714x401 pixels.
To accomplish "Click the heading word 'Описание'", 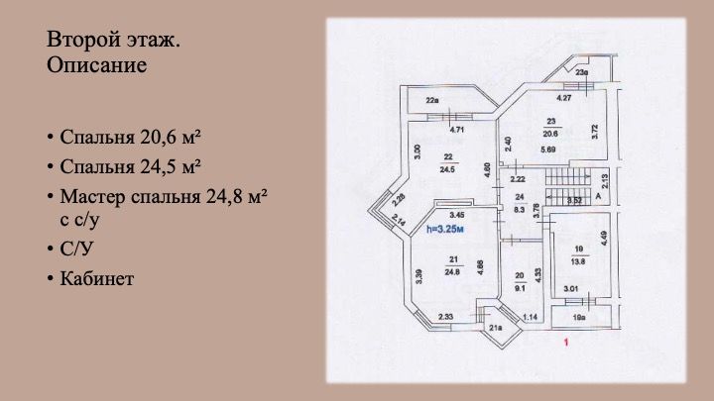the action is pyautogui.click(x=96, y=67).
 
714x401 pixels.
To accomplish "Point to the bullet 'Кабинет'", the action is pyautogui.click(x=96, y=279).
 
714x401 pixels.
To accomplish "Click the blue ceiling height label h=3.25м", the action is pyautogui.click(x=446, y=228).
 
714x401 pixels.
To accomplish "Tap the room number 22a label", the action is pyautogui.click(x=432, y=100).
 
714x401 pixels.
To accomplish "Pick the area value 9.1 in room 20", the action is pyautogui.click(x=518, y=290).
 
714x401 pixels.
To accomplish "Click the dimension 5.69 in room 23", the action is pyautogui.click(x=548, y=150).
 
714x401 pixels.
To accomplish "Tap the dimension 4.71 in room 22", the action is pyautogui.click(x=457, y=130).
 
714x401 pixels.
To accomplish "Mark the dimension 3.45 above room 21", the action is pyautogui.click(x=457, y=214).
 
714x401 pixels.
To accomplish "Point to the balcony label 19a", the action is pyautogui.click(x=579, y=317).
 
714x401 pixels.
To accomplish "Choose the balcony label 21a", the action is pyautogui.click(x=496, y=328).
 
